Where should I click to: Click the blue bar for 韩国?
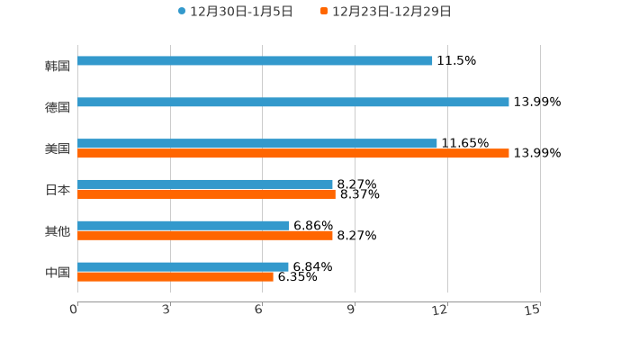click(x=255, y=61)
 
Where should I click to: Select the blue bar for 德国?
click(x=293, y=103)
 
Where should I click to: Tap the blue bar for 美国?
click(x=257, y=143)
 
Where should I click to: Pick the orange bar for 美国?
click(x=293, y=154)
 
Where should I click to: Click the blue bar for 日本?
click(x=205, y=184)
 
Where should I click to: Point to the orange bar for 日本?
click(x=206, y=194)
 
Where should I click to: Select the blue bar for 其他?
click(x=184, y=225)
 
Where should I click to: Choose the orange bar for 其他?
click(x=205, y=236)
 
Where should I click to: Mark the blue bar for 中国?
click(x=183, y=266)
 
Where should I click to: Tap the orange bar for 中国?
click(x=175, y=277)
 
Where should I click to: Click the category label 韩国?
click(x=57, y=66)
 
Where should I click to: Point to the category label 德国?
click(x=57, y=107)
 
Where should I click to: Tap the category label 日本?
click(x=57, y=190)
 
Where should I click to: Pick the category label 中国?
click(x=57, y=272)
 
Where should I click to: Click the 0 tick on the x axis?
click(x=75, y=310)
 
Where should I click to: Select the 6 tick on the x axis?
click(x=259, y=310)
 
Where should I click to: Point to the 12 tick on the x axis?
click(x=441, y=310)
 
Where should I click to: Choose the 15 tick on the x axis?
click(x=533, y=310)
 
